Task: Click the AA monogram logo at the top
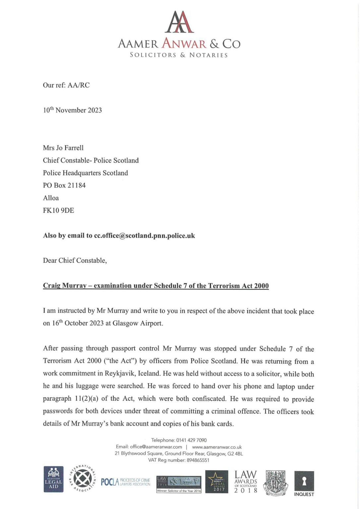[x=179, y=22]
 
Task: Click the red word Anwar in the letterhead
[x=184, y=44]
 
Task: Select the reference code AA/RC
[x=79, y=85]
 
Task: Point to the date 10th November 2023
[x=72, y=110]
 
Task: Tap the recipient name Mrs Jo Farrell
[x=63, y=148]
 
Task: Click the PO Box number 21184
[x=77, y=185]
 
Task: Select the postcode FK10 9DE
[x=59, y=210]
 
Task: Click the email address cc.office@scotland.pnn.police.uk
[x=145, y=236]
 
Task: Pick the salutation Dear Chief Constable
[x=75, y=260]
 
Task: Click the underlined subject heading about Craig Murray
[x=156, y=286]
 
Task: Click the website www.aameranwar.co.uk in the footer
[x=217, y=447]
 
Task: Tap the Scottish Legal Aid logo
[x=53, y=479]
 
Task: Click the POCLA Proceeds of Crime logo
[x=125, y=482]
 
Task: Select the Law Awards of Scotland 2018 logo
[x=246, y=481]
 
